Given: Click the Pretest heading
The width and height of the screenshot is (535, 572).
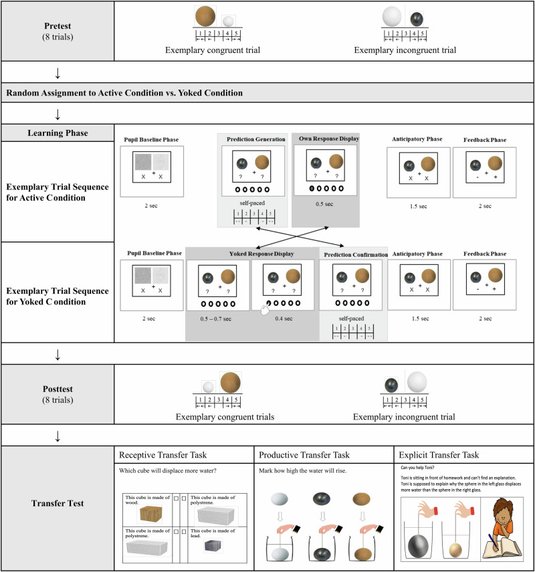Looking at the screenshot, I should [x=58, y=25].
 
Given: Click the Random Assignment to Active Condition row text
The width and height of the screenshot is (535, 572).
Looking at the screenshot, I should [x=125, y=92].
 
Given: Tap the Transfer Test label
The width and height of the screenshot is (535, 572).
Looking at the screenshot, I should [x=58, y=503].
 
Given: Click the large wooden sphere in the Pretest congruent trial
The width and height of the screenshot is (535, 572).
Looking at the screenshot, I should [x=205, y=16].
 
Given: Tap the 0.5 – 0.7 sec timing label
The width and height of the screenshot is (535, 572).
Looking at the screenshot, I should [x=217, y=318].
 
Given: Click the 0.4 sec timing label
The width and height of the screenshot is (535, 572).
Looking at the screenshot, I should [x=284, y=318].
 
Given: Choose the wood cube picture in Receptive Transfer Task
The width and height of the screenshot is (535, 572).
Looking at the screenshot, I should [x=148, y=514].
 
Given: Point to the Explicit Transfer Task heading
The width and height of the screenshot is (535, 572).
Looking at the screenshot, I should [x=439, y=455].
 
